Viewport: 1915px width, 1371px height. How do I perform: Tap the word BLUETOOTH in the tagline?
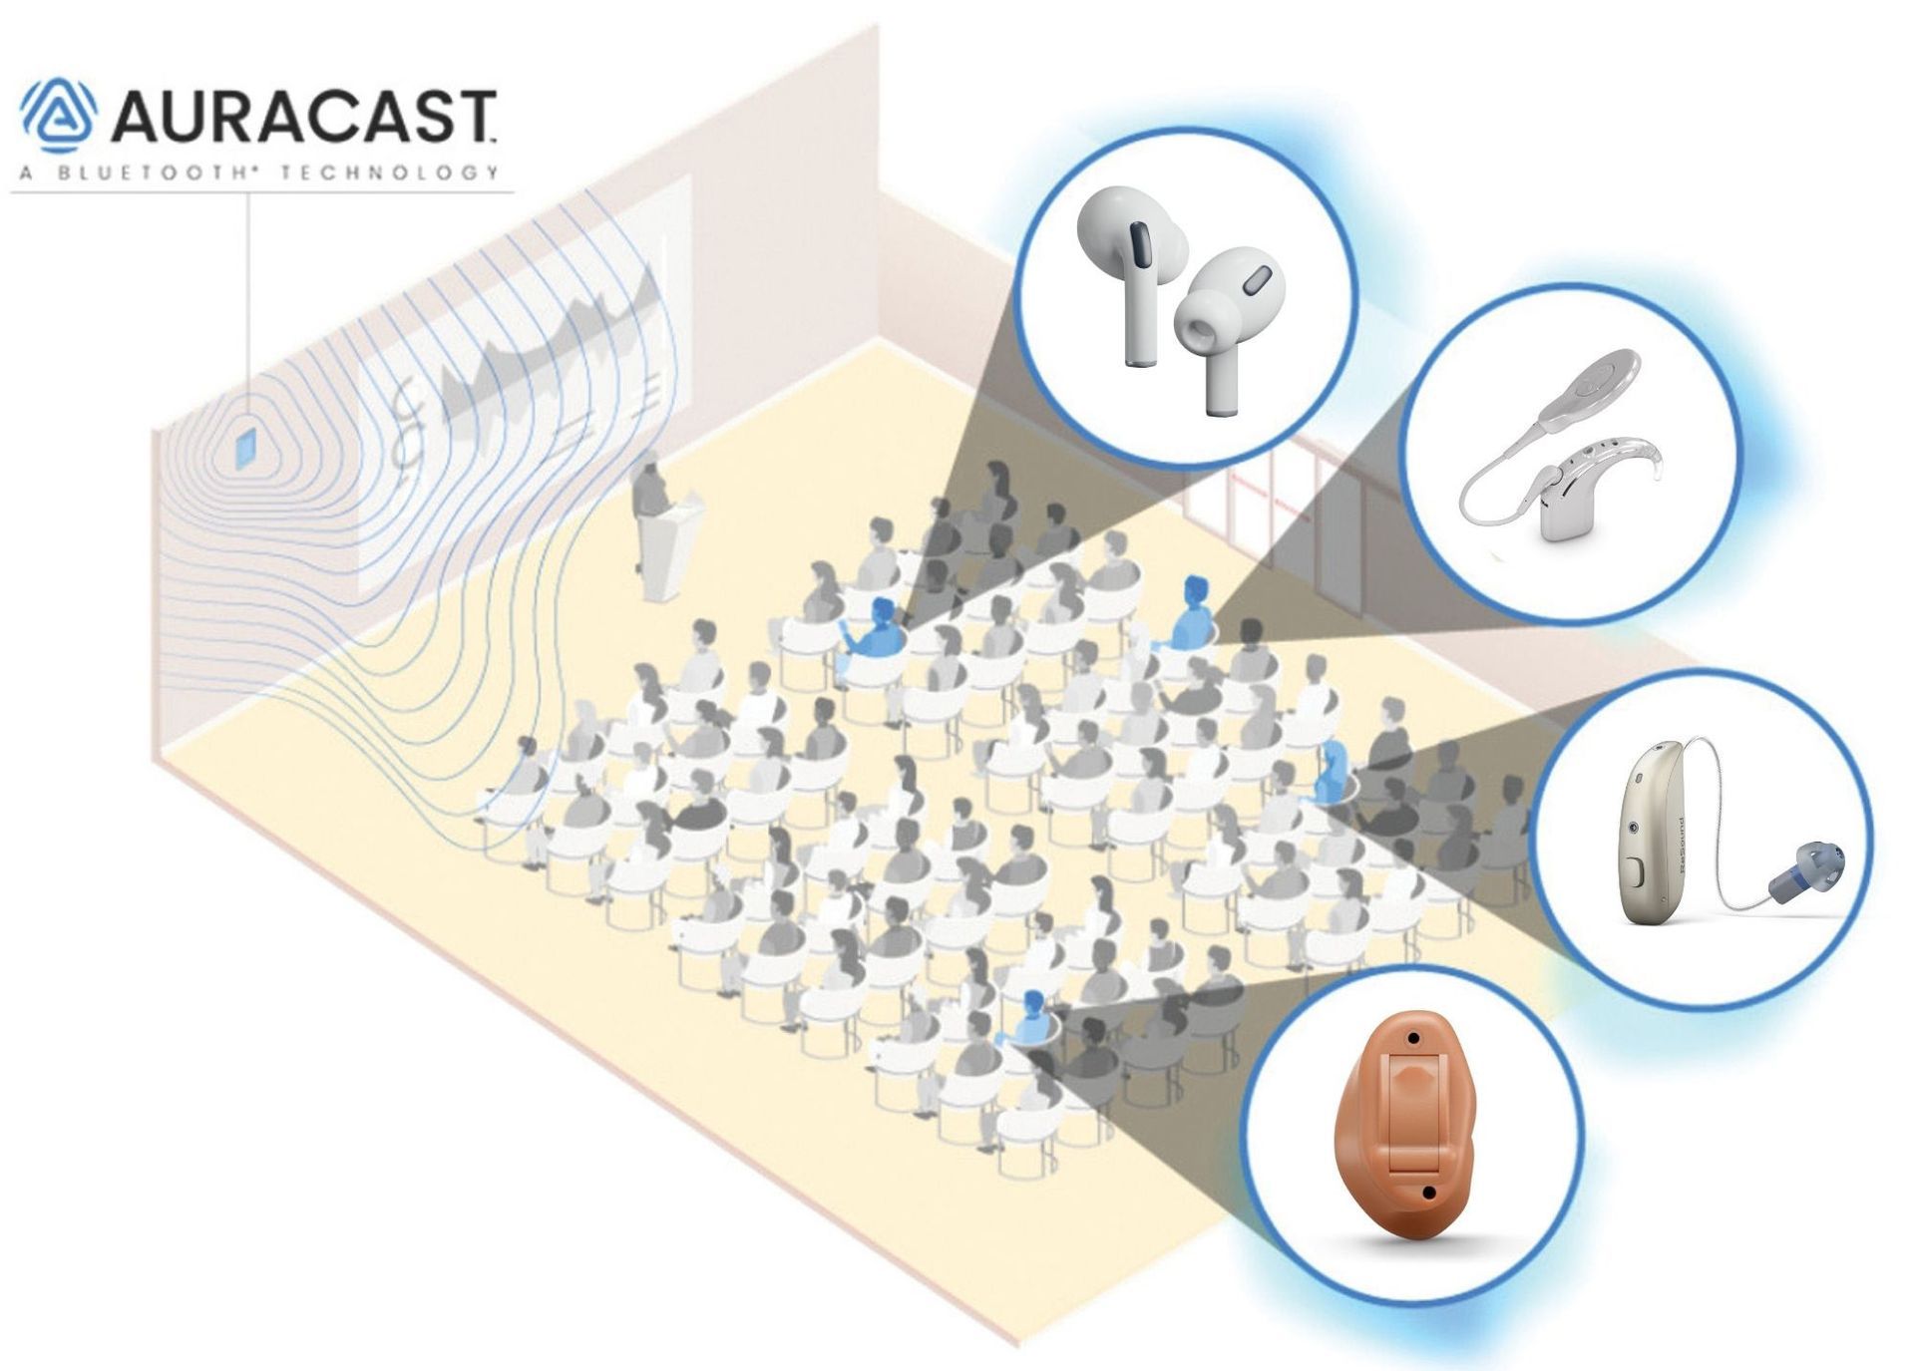click(157, 172)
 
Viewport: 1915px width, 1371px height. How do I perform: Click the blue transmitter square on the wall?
click(245, 449)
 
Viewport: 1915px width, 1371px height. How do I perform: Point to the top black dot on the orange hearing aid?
click(1414, 1038)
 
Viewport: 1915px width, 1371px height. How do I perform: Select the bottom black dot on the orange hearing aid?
click(1428, 1193)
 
